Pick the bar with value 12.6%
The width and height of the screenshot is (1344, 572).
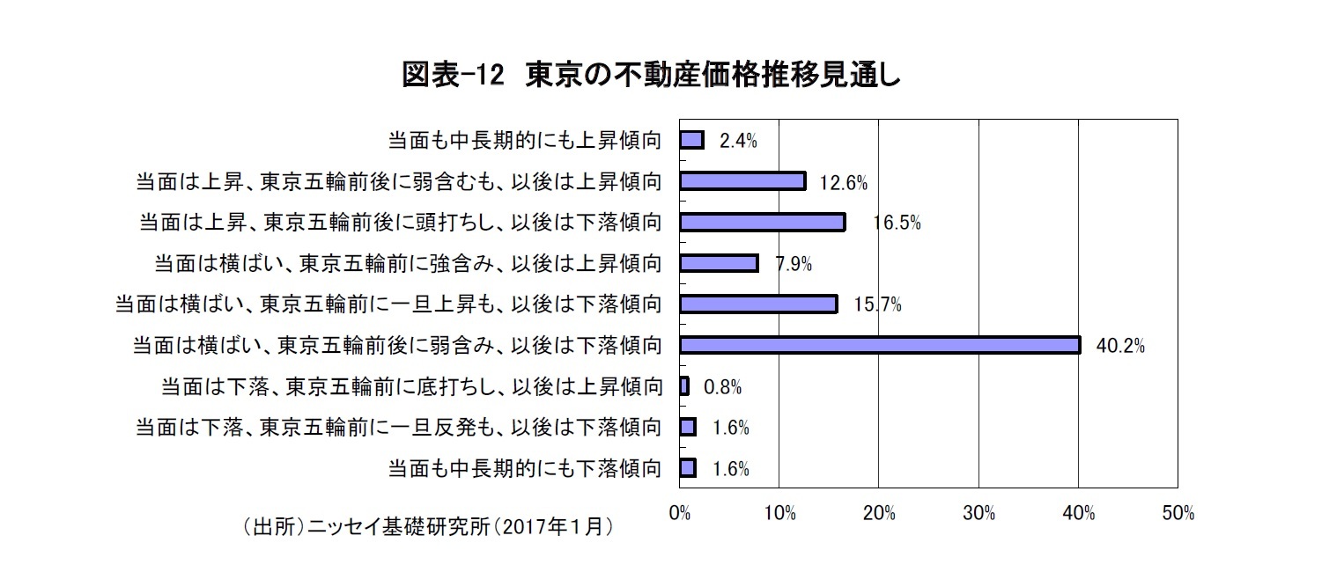(x=742, y=181)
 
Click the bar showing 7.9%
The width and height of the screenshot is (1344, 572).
(x=719, y=263)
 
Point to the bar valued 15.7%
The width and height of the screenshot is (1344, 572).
(x=758, y=304)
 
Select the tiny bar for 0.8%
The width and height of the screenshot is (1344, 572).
(x=684, y=386)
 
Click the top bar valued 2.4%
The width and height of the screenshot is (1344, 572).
(x=691, y=140)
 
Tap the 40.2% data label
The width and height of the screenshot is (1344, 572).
(x=1119, y=347)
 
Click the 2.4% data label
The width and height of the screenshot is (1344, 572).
(x=738, y=142)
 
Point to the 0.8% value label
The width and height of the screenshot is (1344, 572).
(x=722, y=387)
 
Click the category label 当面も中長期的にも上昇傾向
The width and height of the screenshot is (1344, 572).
(x=524, y=141)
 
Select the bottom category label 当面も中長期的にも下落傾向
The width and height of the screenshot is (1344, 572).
(x=524, y=468)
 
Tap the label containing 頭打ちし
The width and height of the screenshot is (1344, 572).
(x=400, y=223)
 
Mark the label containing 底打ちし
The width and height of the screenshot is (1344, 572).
(x=411, y=386)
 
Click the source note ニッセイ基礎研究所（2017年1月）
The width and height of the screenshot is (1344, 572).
(x=427, y=527)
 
